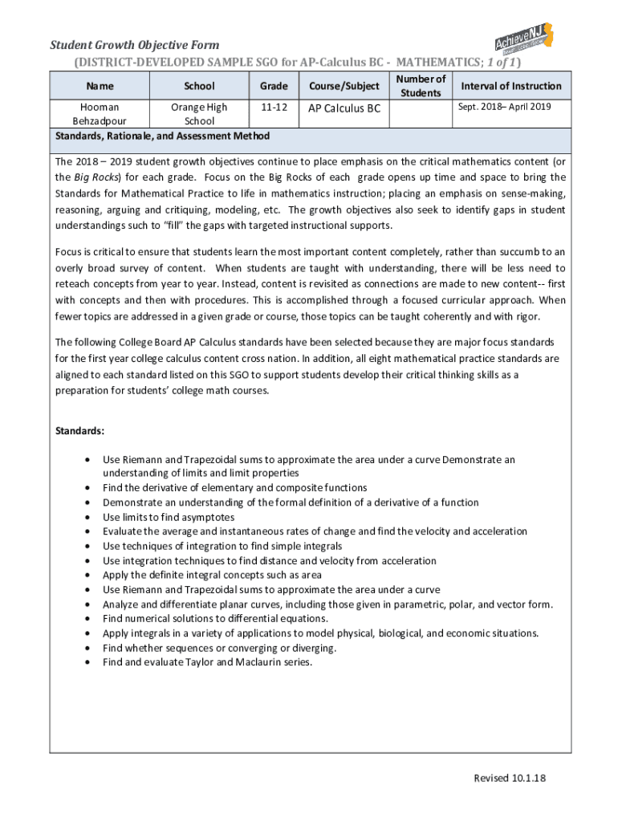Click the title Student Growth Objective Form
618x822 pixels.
coord(135,45)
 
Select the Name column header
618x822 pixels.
coord(100,86)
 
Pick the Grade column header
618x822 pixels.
coord(274,86)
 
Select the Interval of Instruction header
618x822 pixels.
coord(510,86)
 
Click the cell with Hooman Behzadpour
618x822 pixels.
coord(100,114)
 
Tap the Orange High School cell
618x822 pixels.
coord(199,114)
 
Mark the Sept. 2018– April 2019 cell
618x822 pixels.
coord(504,107)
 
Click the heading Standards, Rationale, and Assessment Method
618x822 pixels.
coord(162,136)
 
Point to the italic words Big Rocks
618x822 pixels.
coord(95,177)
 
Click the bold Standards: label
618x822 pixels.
coord(79,431)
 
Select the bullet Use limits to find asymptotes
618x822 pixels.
coord(169,517)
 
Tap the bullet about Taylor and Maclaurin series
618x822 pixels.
coord(207,662)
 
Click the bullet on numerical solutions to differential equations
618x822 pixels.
coord(215,619)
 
